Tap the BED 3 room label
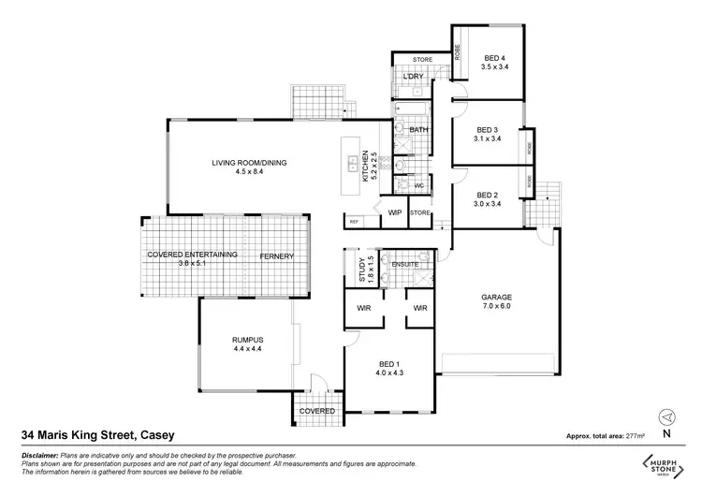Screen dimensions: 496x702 (x=488, y=130)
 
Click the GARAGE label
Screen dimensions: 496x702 (x=496, y=297)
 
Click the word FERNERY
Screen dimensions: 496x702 (x=277, y=256)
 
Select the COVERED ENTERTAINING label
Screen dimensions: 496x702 (x=193, y=255)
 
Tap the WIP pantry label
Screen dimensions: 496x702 (x=394, y=213)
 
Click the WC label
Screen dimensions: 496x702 (x=419, y=185)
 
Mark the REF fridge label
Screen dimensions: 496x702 (x=355, y=221)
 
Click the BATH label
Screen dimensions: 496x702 (x=419, y=130)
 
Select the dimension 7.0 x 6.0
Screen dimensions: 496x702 (x=496, y=307)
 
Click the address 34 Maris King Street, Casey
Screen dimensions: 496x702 (x=97, y=435)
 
